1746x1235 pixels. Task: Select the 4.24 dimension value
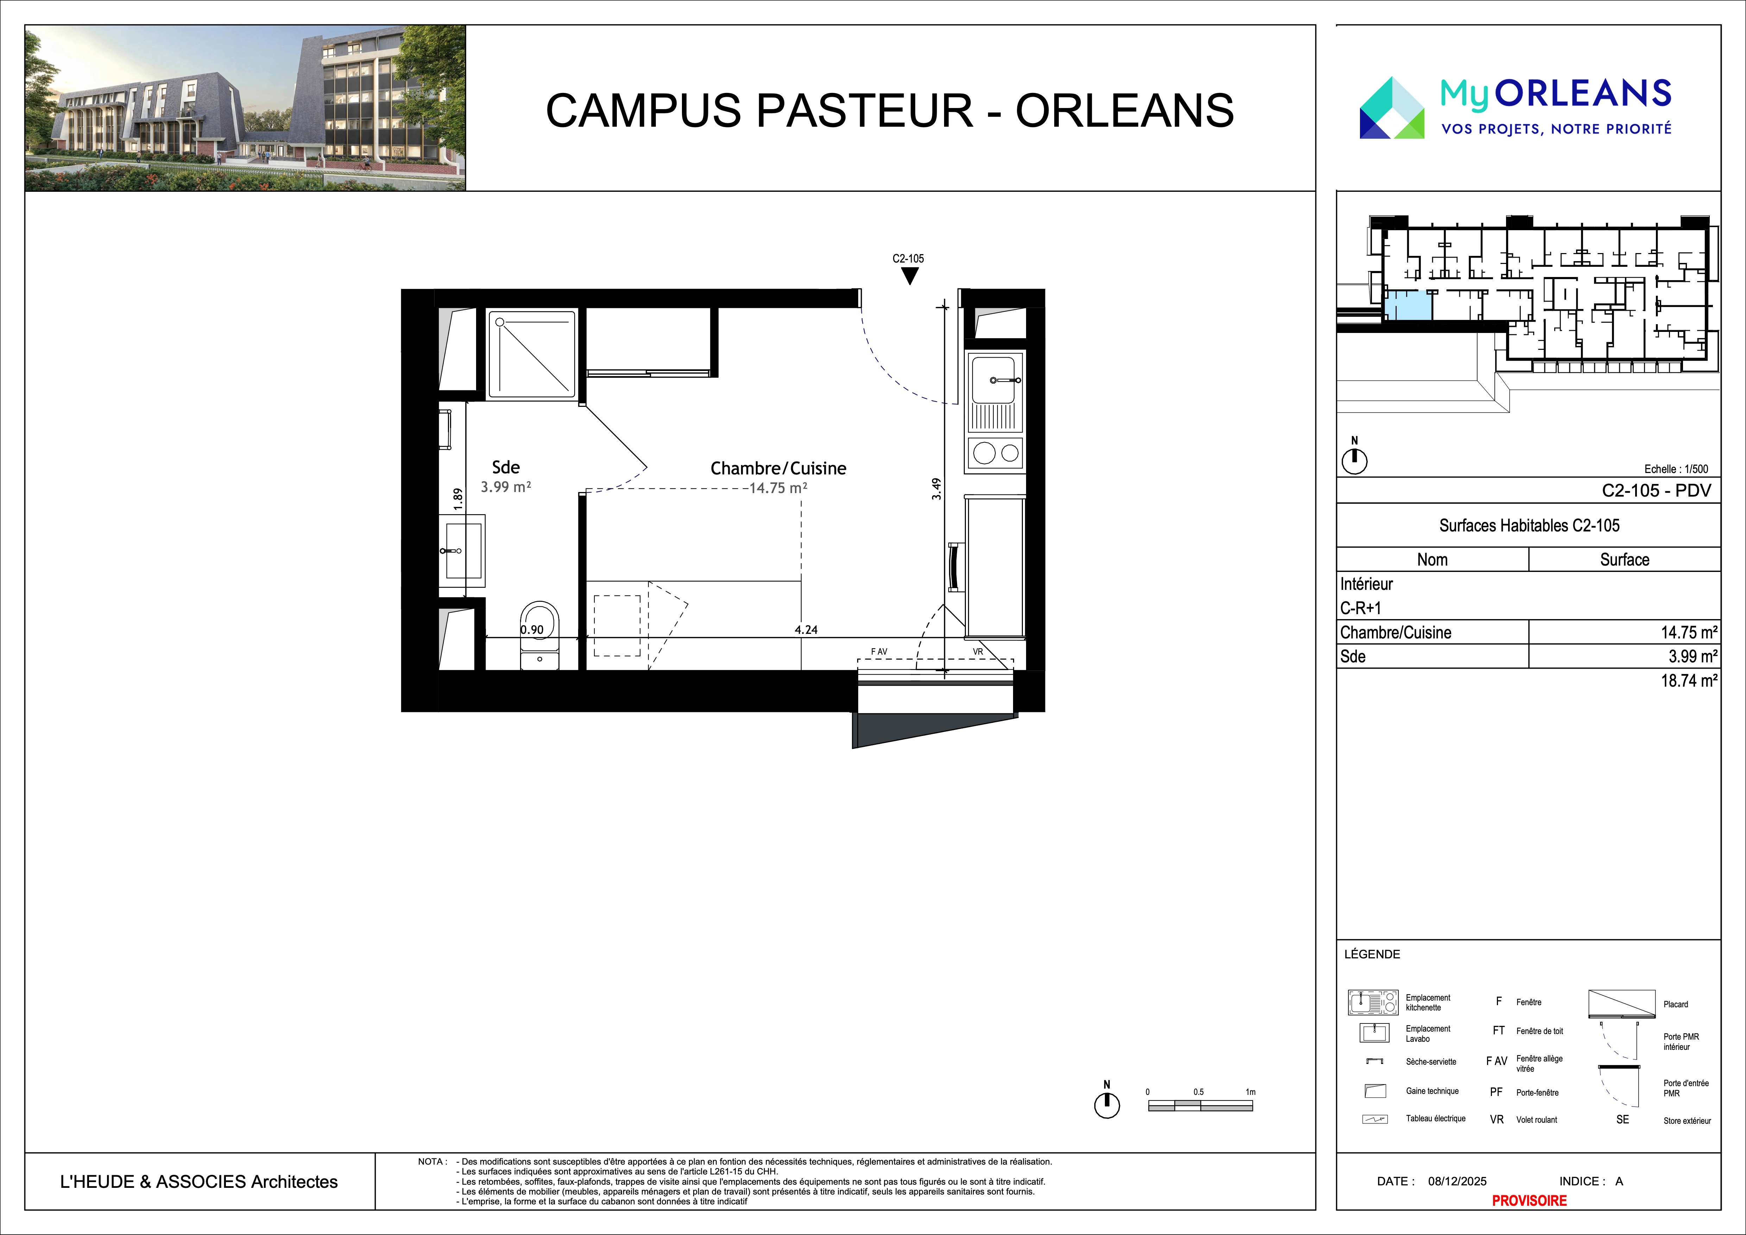tap(806, 630)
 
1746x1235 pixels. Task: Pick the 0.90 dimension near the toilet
tap(532, 630)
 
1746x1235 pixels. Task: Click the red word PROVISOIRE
tap(1529, 1200)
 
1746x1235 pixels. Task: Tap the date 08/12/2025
tap(1457, 1181)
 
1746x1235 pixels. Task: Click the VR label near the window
tap(978, 652)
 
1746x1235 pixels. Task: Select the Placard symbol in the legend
tap(1622, 1004)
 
